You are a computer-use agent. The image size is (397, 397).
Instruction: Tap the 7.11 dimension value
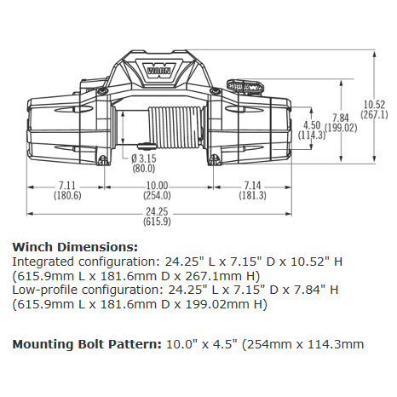click(68, 186)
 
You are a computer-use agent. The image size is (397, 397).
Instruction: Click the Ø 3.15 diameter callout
click(142, 158)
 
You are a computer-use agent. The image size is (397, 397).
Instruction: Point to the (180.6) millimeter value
click(68, 196)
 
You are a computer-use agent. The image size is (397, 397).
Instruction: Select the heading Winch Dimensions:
click(63, 246)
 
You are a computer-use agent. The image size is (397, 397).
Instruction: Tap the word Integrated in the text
click(39, 260)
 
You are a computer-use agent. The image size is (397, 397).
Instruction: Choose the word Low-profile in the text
click(40, 290)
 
